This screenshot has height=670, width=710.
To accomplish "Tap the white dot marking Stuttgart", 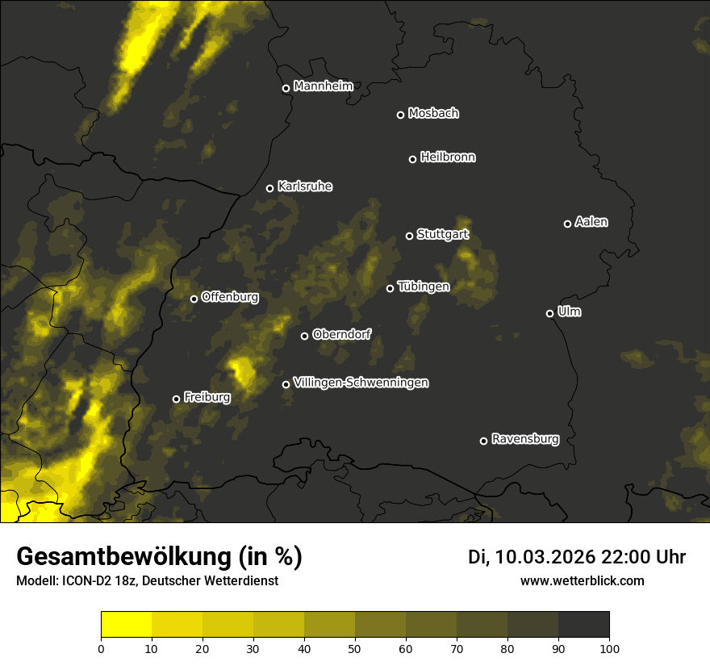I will point(409,236).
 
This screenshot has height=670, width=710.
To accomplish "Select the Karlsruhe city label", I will point(305,186).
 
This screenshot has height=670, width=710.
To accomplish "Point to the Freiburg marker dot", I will point(176,399).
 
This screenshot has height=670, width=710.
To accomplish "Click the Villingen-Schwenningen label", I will point(361,383).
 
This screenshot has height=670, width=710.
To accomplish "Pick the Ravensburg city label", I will point(525,439).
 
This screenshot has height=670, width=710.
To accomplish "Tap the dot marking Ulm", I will point(549,313).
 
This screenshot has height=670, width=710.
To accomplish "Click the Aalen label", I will point(591,222).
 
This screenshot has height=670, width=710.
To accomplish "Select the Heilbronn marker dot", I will point(412,159).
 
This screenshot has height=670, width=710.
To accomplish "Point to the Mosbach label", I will point(433,114).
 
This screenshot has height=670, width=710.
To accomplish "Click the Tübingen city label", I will point(424,287).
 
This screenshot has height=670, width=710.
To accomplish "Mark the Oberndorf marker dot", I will point(304,336).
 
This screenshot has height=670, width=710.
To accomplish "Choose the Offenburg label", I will point(230,297).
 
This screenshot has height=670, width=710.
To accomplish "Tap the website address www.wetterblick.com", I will point(583,580).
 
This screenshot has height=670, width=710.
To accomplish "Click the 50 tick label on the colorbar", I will point(355,648).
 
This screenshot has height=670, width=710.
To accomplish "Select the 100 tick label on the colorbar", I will point(609,648).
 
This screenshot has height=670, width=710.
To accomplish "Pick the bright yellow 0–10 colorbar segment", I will point(127,625).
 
